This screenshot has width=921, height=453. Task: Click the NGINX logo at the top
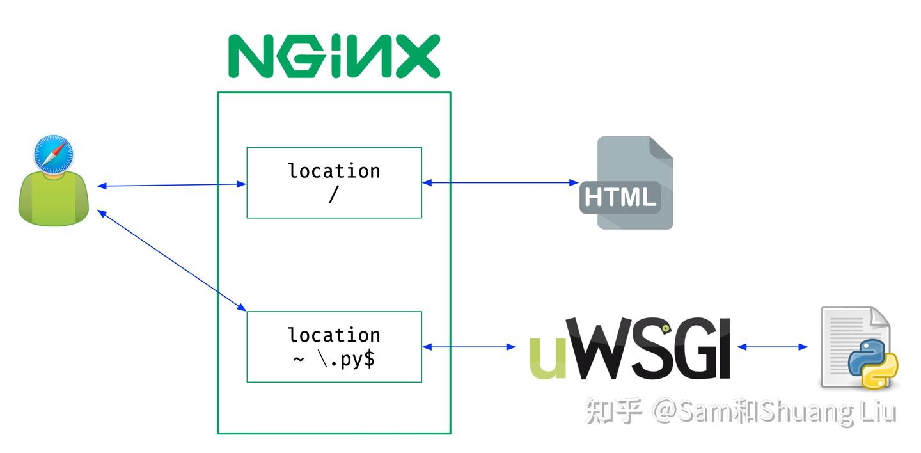coord(334,56)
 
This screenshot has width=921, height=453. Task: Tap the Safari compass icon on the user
coord(54,154)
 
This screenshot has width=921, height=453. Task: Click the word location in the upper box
coord(334,171)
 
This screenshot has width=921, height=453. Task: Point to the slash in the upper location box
coord(333,195)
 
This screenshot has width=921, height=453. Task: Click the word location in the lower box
coord(334,335)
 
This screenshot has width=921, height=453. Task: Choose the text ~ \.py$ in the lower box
coord(334,359)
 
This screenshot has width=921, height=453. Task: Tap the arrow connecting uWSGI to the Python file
coord(773,347)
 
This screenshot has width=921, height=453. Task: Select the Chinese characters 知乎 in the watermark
coord(613,411)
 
